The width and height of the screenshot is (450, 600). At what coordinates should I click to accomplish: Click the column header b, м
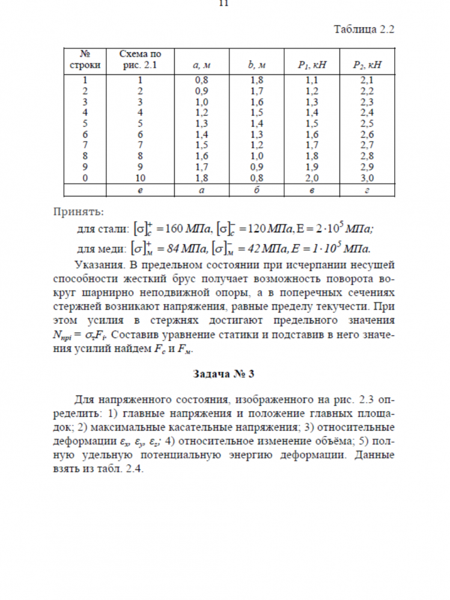257,64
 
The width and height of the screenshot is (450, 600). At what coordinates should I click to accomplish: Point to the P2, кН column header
366,64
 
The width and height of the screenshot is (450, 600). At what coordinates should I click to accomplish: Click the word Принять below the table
78,211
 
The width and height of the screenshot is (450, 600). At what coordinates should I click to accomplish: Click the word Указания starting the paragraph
99,265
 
